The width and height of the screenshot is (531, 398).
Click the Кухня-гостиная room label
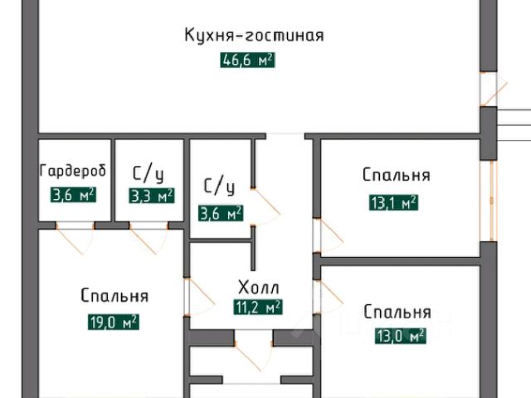tap(253, 36)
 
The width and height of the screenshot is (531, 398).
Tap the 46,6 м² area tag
tap(247, 61)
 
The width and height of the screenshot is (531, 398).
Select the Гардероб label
tap(73, 172)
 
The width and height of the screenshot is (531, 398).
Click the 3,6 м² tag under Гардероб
tap(73, 197)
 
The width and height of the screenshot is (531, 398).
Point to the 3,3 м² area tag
tap(151, 197)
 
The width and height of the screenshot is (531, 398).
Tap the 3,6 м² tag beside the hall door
tap(221, 213)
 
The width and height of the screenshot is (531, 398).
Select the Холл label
tap(258, 289)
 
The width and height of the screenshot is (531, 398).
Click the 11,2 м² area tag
tap(258, 307)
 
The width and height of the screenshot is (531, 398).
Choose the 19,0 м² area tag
tap(113, 323)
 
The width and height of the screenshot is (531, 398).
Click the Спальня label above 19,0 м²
tap(114, 296)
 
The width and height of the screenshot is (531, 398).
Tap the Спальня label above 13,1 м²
tap(396, 175)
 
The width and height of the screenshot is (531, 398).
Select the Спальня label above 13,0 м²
tap(397, 312)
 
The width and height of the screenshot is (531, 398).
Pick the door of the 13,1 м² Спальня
tap(328, 235)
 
